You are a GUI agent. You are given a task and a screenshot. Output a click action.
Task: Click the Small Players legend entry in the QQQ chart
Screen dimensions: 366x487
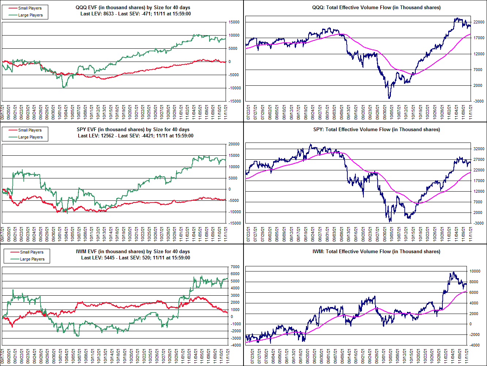pos(30,8)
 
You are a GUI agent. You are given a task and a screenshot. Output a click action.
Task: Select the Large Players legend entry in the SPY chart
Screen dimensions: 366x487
pos(30,137)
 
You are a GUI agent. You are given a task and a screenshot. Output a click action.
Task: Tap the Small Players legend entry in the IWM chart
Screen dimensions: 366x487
pos(31,252)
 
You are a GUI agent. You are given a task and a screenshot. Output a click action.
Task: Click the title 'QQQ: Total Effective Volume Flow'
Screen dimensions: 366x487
pos(376,7)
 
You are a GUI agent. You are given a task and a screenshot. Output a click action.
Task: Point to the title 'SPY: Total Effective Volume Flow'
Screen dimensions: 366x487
pos(376,129)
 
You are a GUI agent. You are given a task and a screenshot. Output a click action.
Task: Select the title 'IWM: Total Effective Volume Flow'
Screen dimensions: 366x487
pos(376,251)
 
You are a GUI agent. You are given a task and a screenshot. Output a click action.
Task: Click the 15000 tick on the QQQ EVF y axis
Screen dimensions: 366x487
pos(234,22)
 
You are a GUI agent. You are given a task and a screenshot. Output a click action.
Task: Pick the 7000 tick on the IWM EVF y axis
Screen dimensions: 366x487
pos(235,267)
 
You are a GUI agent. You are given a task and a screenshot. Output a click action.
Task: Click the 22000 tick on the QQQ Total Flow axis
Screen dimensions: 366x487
pos(479,22)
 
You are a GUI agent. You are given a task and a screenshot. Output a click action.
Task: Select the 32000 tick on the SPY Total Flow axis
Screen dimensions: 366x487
pos(479,149)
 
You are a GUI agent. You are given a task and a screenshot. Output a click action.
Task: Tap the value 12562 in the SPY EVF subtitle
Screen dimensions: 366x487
pos(108,136)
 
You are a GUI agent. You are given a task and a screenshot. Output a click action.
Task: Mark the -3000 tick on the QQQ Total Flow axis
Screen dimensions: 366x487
pos(478,101)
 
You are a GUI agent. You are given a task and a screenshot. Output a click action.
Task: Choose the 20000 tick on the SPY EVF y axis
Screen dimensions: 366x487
pos(234,144)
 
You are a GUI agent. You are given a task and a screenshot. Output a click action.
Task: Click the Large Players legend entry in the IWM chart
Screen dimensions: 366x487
pos(32,259)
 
